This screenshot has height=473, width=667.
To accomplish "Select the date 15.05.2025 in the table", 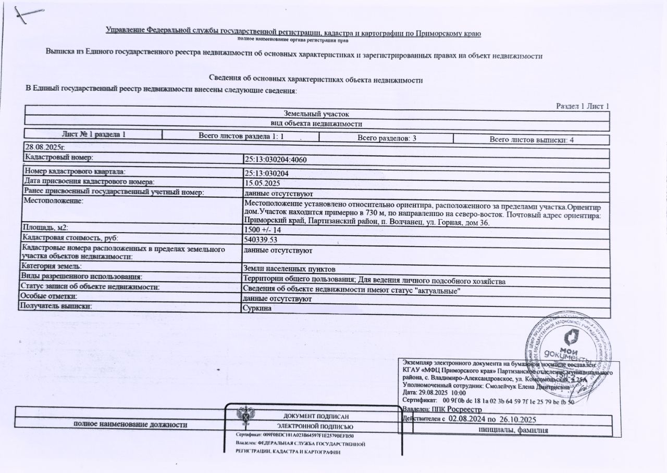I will tap(262, 183).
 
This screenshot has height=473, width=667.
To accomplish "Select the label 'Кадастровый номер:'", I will tap(58, 157).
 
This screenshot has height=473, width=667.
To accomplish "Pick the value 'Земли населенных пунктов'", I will tap(289, 269).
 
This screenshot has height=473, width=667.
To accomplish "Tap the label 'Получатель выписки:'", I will tap(56, 306).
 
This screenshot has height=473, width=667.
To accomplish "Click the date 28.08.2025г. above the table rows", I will tap(44, 147).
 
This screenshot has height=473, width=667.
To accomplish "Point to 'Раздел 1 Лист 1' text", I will tap(583, 107).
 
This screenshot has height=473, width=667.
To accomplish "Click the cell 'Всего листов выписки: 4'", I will tap(532, 139).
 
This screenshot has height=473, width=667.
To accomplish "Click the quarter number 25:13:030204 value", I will tap(266, 173).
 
